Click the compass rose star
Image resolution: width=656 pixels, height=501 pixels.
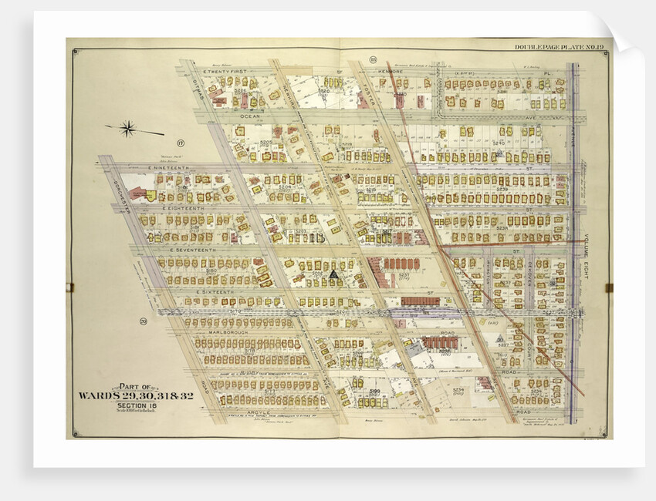tap(128, 129)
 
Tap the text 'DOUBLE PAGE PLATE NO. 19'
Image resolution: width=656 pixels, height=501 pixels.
tap(560, 48)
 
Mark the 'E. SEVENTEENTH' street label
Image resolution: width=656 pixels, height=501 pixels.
tap(194, 250)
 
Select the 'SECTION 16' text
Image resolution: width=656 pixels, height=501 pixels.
tap(127, 405)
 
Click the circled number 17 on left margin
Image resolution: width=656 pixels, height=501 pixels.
tap(181, 143)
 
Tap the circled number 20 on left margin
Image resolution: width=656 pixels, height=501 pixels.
tap(144, 321)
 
